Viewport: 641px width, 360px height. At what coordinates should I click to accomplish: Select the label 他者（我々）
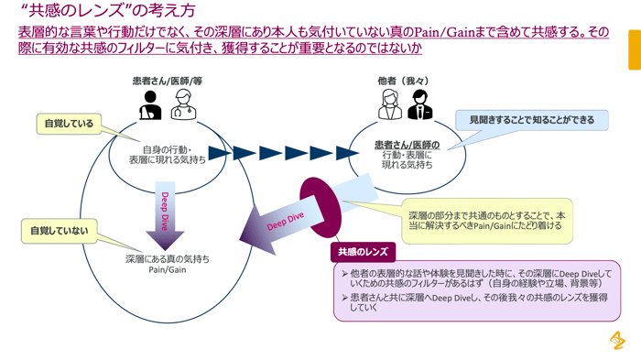coord(403,81)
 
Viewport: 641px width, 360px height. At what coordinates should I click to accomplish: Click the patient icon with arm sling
coord(150,105)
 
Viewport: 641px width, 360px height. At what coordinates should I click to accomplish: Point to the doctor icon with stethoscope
coord(181,105)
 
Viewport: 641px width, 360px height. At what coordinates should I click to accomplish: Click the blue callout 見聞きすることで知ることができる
coord(531,120)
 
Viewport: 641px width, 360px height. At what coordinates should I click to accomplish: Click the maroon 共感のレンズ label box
coord(363,251)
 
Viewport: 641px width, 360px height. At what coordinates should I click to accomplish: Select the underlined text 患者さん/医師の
coord(407,145)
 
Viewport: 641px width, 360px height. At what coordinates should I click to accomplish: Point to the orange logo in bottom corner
coord(617,340)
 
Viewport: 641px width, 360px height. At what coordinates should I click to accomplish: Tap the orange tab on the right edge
coord(634,49)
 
